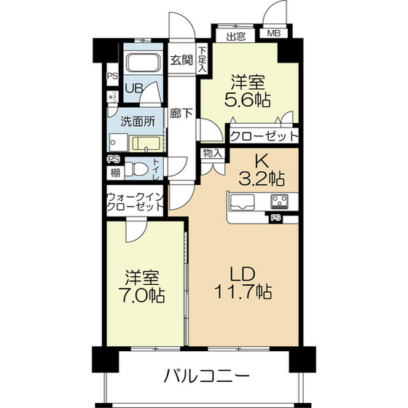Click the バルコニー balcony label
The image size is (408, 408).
(x=206, y=377)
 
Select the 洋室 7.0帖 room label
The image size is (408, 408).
(x=144, y=286)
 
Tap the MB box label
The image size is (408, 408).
(x=273, y=34)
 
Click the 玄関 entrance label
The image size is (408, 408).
(x=181, y=60)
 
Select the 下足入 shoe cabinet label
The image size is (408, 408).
(x=203, y=60)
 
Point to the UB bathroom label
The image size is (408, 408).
(x=133, y=89)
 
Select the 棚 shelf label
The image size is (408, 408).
(x=115, y=173)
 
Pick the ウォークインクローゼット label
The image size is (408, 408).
(x=135, y=202)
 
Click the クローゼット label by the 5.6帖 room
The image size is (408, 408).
(x=263, y=136)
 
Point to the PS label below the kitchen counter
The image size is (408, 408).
(x=276, y=217)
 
